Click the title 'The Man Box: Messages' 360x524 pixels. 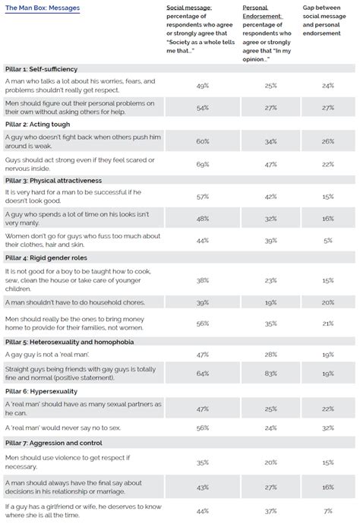[42, 7]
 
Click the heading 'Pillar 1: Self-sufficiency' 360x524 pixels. [45, 68]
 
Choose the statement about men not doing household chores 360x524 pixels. [57, 302]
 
